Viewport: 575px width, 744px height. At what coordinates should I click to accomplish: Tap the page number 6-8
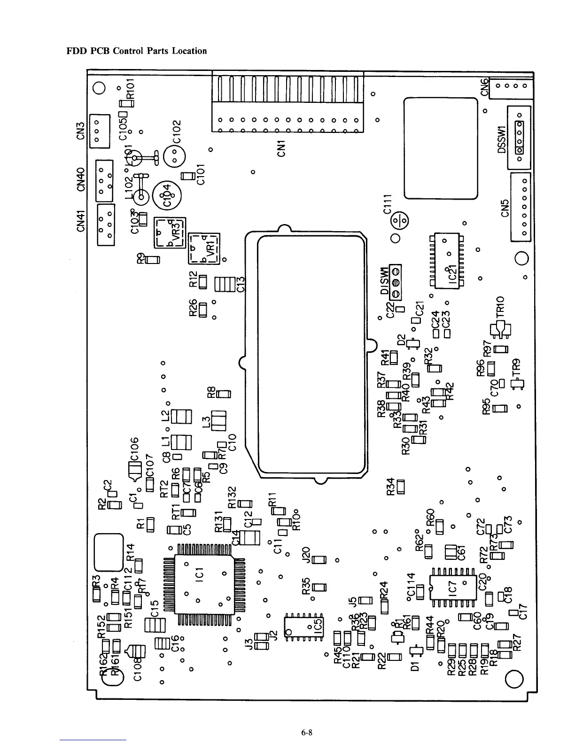pos(307,732)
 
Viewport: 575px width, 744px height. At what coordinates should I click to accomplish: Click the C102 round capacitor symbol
pos(175,155)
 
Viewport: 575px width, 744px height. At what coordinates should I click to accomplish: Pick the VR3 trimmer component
pos(170,232)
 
